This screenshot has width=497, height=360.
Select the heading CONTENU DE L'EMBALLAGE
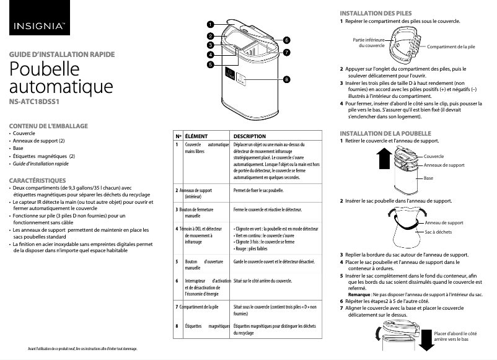coord(50,126)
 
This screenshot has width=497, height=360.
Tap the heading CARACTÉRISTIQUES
coord(38,180)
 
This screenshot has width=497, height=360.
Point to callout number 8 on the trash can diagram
coord(286,79)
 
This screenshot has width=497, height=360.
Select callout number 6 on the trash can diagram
coord(286,40)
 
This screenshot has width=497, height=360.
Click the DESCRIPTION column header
coord(249,136)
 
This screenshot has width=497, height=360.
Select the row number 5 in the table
coord(178,262)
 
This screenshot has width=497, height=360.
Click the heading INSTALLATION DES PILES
coord(376,13)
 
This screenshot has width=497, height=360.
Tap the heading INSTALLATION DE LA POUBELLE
coord(385,133)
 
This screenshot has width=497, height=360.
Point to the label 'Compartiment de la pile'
coord(451,47)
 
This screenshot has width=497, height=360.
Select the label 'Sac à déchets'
coord(438,232)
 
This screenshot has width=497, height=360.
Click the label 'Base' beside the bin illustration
coord(428,178)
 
